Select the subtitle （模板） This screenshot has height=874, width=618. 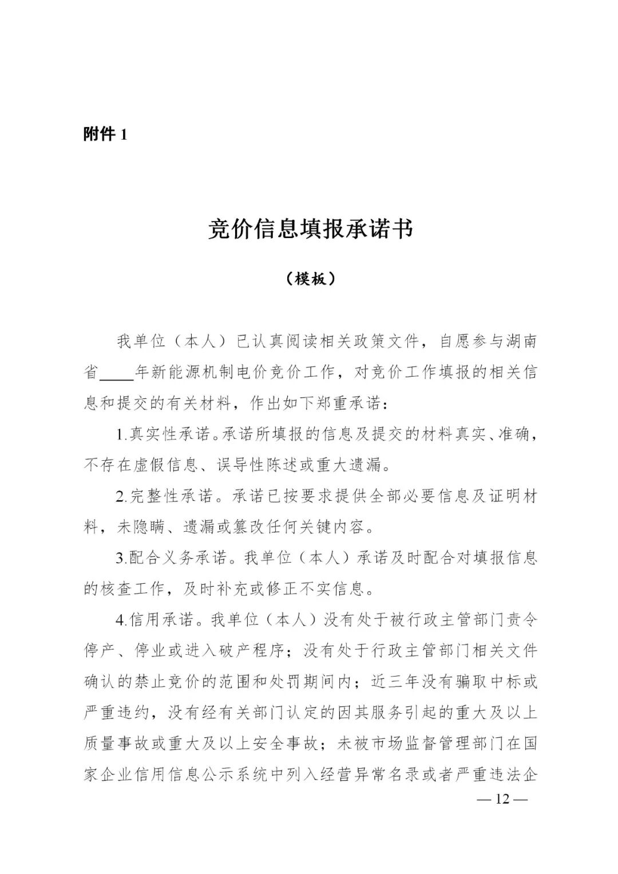coord(310,279)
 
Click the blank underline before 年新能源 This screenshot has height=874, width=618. coord(117,373)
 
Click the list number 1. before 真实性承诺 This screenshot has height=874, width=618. coord(122,435)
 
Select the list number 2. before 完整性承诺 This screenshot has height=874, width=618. coord(122,497)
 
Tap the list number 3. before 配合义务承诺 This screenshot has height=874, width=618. coord(122,558)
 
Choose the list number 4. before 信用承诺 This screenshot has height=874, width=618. coord(122,620)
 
